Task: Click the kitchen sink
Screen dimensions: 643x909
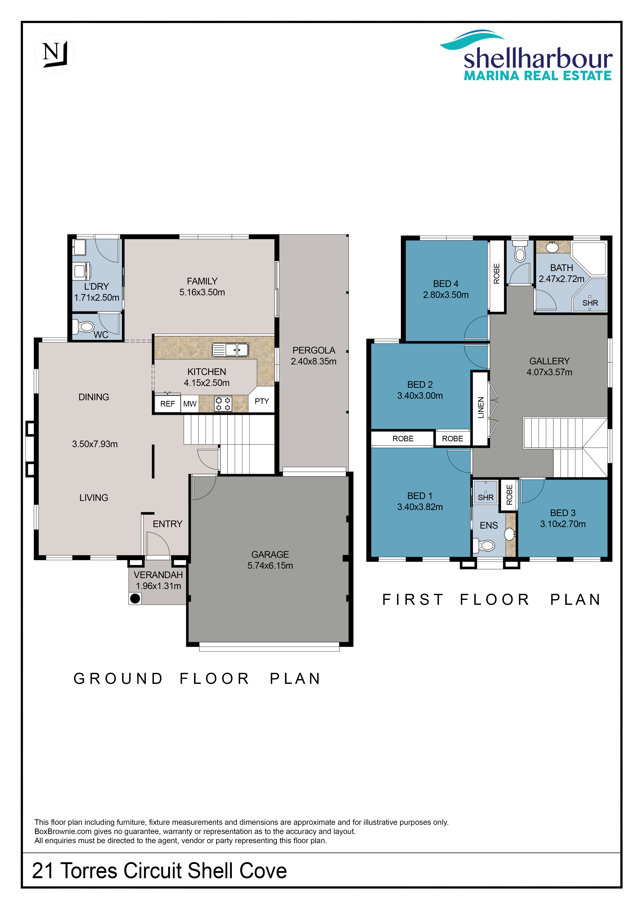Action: [x=230, y=350]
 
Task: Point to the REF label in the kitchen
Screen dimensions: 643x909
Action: [x=167, y=404]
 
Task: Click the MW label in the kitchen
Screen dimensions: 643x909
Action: [x=190, y=404]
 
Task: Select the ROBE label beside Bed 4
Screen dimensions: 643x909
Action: [x=496, y=274]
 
